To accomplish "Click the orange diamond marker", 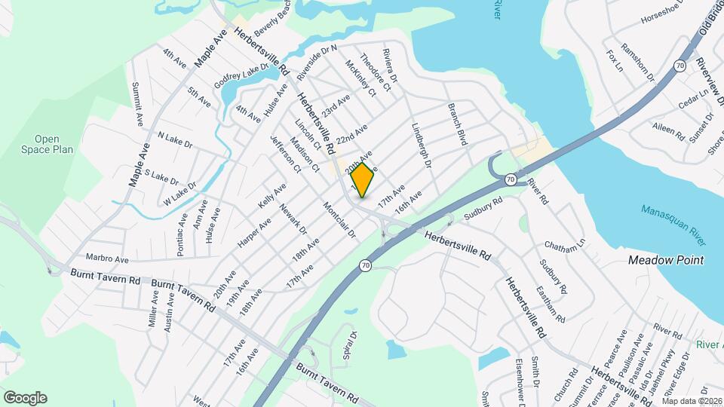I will point(363,180).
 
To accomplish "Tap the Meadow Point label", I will point(666,260).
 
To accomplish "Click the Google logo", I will point(25,398).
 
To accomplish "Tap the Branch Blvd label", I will point(456,124).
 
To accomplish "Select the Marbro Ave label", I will point(107,258).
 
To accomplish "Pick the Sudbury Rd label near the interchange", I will point(483,208).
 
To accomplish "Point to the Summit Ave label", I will point(137,103).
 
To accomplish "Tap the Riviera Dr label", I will point(389,65).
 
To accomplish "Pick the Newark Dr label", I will point(293,218).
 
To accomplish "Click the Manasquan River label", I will point(675,225).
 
